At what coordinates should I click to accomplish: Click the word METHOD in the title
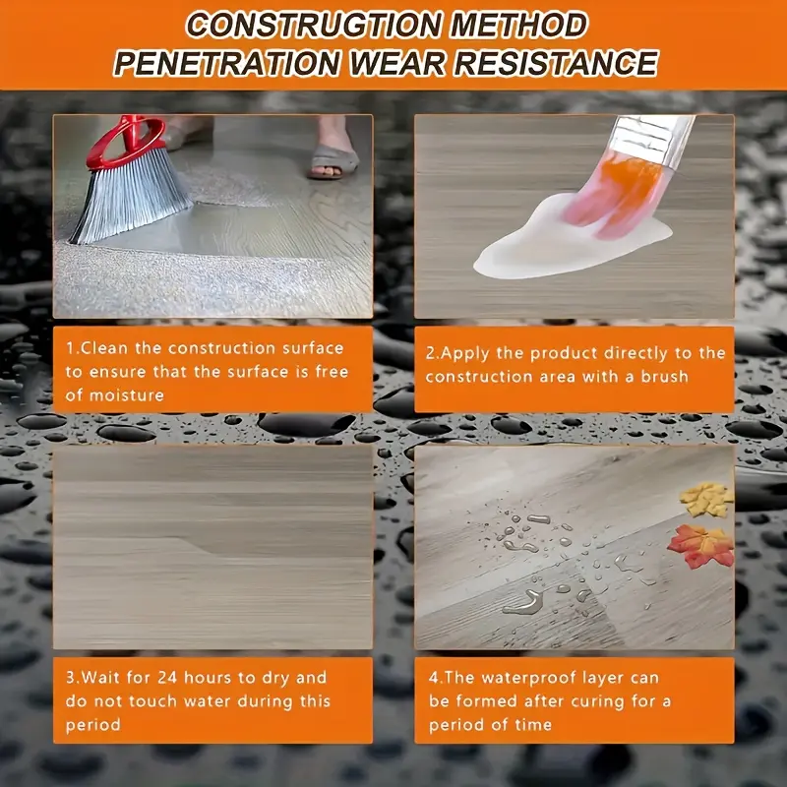point(518,26)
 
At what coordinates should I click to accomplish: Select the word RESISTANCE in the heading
point(556,63)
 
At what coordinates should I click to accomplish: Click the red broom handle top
point(127,139)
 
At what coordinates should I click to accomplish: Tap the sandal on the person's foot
point(333,161)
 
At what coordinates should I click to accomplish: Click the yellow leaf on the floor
point(706,500)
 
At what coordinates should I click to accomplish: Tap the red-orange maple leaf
point(701,546)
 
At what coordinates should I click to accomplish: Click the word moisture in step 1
point(127,395)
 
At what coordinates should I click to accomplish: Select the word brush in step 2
point(664,377)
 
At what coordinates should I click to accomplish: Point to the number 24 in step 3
point(167,678)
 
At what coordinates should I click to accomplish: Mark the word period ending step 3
point(93,725)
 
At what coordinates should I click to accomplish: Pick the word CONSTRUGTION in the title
point(315,26)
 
